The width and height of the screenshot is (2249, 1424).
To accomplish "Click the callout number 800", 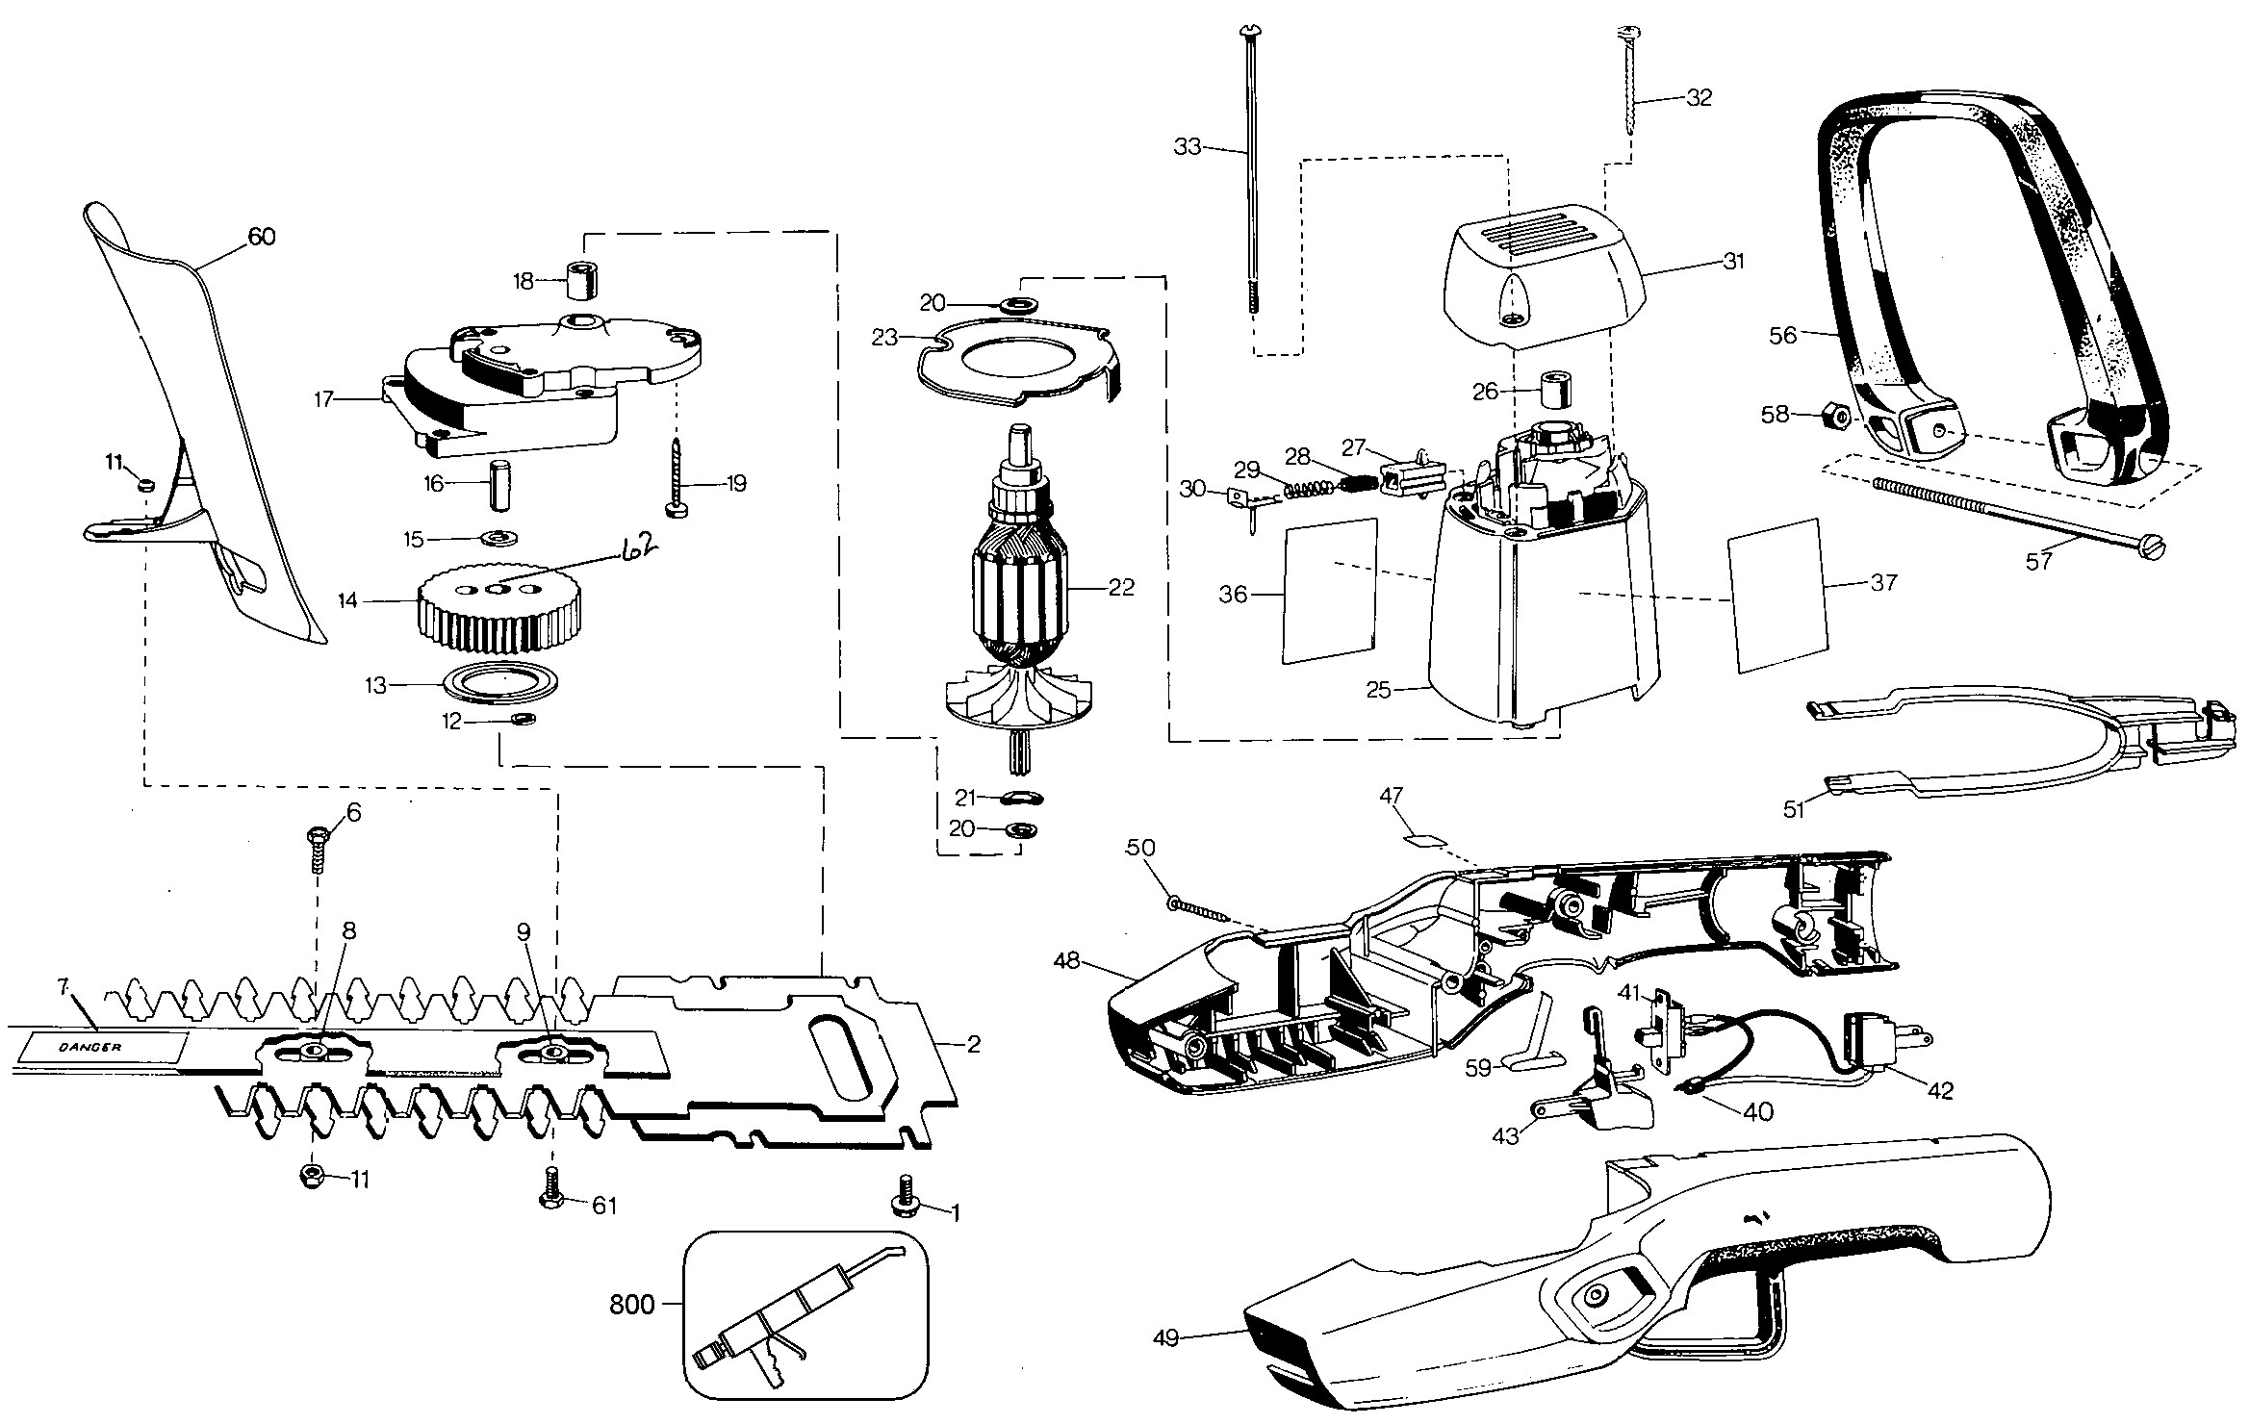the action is click(x=632, y=1306).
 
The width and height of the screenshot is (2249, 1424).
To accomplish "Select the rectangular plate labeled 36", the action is click(x=1330, y=590).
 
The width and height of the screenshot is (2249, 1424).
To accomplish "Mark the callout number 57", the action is click(x=2039, y=561).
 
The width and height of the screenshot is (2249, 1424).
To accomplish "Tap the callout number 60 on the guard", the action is click(x=262, y=236).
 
